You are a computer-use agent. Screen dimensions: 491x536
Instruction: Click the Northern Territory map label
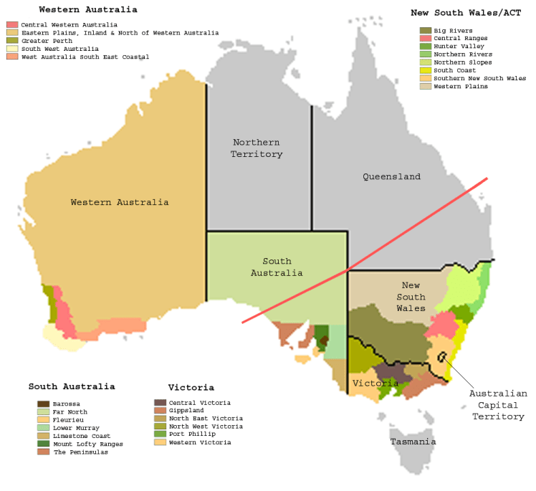pos(256,148)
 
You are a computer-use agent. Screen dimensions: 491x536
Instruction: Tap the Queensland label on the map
pos(391,176)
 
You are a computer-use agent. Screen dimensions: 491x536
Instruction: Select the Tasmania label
pos(413,442)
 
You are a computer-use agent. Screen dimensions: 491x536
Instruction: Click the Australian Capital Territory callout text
pos(498,405)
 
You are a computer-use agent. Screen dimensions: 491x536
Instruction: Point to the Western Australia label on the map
pos(120,202)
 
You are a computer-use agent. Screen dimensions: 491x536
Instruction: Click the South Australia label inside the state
pos(277,267)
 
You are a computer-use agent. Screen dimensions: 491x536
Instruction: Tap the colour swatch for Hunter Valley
pos(425,47)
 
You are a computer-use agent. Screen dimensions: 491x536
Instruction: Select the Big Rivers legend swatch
pos(425,31)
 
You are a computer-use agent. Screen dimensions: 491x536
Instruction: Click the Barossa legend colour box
pos(43,404)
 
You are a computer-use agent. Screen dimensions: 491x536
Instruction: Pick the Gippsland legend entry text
pos(186,411)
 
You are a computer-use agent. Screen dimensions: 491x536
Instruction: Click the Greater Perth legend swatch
pos(11,41)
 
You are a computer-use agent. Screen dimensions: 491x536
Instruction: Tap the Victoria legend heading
pos(191,388)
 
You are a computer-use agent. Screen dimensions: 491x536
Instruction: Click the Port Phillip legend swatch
pos(160,434)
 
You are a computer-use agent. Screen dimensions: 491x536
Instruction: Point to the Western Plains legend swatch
pos(425,86)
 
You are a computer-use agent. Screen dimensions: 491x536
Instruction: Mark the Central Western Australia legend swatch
pos(11,25)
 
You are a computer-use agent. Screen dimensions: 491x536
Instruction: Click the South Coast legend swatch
pos(425,70)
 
